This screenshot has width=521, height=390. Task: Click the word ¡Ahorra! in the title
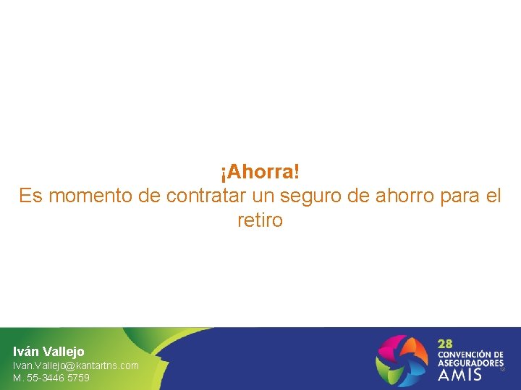point(260,173)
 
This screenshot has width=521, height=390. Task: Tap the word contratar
point(208,196)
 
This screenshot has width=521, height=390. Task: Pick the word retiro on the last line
point(260,220)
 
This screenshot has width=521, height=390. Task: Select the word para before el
point(461,196)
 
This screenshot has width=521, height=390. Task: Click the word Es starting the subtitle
point(30,196)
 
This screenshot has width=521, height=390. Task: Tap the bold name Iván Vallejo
point(48,352)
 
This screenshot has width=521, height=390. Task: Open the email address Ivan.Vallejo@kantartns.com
point(76,365)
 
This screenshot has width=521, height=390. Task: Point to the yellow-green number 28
point(445,344)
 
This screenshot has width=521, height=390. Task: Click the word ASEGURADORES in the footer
point(470,363)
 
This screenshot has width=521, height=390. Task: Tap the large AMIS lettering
point(459,375)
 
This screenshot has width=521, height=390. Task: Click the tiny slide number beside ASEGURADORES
point(502,369)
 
